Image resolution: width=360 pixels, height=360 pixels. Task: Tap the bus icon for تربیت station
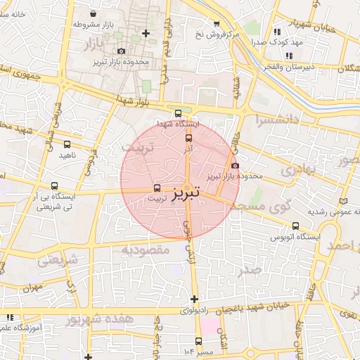(157, 188)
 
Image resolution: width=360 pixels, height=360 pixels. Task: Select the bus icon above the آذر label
(188, 138)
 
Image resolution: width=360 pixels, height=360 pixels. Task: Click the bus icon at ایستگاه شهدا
(177, 112)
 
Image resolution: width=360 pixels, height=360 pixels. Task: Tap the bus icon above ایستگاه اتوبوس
(295, 226)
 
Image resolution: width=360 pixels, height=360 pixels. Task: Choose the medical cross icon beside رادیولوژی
(194, 300)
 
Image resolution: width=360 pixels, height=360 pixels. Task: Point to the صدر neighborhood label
(250, 270)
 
